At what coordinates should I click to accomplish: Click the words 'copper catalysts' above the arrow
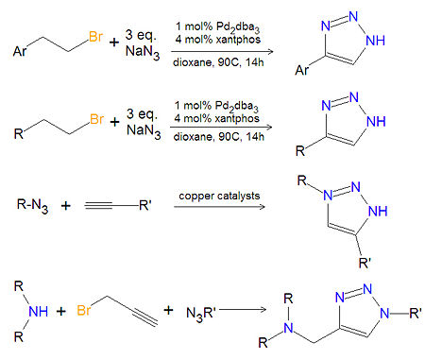click(219, 196)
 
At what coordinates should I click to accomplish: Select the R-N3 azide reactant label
click(32, 206)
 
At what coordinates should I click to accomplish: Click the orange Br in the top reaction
click(96, 37)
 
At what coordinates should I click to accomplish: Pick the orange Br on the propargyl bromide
click(84, 311)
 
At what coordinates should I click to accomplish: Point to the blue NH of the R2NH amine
click(39, 312)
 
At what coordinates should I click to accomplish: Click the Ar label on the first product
click(301, 70)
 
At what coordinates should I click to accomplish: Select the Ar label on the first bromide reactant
click(20, 51)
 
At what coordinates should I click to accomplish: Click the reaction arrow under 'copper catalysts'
click(219, 207)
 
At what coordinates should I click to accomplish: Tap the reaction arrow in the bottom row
click(243, 310)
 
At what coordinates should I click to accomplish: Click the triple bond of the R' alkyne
click(98, 206)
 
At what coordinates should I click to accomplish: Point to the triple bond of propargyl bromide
click(144, 317)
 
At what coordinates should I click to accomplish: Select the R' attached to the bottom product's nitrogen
click(416, 313)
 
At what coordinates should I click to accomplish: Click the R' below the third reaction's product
click(365, 263)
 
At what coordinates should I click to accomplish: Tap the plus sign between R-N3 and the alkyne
click(65, 206)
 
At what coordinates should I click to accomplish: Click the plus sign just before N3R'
click(169, 310)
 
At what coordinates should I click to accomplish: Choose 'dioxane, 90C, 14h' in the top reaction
click(218, 62)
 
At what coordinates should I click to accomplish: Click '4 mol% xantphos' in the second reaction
click(216, 118)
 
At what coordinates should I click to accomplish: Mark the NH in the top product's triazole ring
click(376, 41)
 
